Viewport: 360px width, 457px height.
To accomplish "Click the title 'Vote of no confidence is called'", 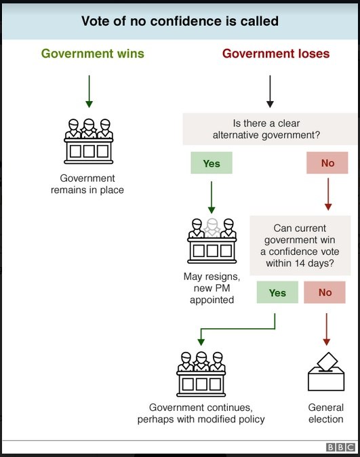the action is [180, 21].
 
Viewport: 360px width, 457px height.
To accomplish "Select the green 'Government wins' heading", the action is [93, 54].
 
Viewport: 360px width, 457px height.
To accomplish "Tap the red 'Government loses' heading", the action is [276, 54].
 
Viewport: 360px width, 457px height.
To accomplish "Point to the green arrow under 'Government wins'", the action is [89, 92].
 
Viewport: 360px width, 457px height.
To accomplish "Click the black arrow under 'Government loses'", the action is [270, 92].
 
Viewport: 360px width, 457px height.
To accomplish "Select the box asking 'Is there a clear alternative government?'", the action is [270, 129].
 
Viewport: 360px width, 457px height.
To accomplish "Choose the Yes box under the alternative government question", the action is [212, 163].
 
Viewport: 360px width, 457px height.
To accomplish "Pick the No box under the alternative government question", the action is [327, 163].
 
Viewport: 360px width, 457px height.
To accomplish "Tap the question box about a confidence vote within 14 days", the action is [300, 245].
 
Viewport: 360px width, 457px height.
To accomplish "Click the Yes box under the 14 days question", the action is [277, 292].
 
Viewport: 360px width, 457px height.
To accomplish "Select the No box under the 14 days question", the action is [325, 292].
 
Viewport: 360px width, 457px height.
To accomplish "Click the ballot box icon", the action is [326, 372].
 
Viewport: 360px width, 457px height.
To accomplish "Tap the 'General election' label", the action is [326, 414].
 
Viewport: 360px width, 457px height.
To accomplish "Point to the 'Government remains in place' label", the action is [87, 184].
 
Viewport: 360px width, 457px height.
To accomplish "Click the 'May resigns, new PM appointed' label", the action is [212, 288].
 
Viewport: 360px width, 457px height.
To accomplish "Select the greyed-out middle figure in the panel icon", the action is [212, 228].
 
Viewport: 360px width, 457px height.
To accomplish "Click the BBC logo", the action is [340, 447].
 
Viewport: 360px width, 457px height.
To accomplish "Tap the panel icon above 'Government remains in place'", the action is [89, 141].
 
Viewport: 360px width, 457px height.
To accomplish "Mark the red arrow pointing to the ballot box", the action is [327, 330].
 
